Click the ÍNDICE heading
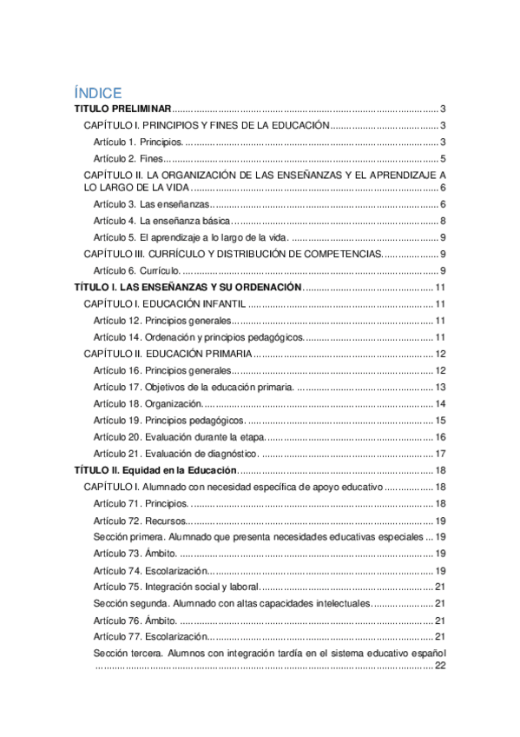97,93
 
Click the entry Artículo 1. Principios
138,142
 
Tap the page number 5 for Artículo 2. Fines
443,159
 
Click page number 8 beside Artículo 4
443,221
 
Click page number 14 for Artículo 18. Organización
440,403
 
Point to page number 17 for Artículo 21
440,454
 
